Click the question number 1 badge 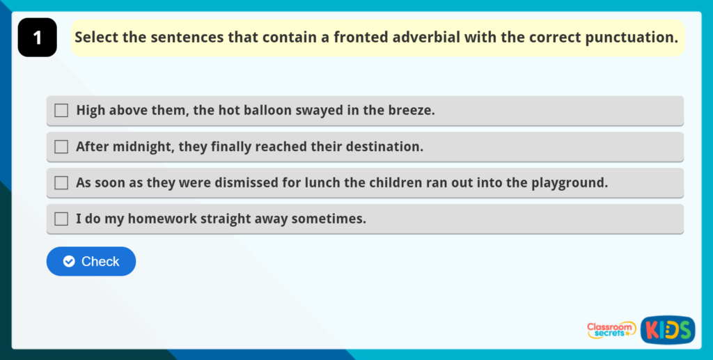pyautogui.click(x=37, y=38)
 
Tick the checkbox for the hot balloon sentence pyautogui.click(x=61, y=111)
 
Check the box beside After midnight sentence pyautogui.click(x=61, y=147)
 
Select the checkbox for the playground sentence pyautogui.click(x=61, y=183)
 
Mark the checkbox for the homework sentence pyautogui.click(x=61, y=219)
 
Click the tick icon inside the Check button pyautogui.click(x=69, y=262)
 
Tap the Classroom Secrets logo pyautogui.click(x=611, y=329)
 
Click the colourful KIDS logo pyautogui.click(x=668, y=330)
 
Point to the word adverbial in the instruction pyautogui.click(x=427, y=38)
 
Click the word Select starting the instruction pyautogui.click(x=96, y=38)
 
